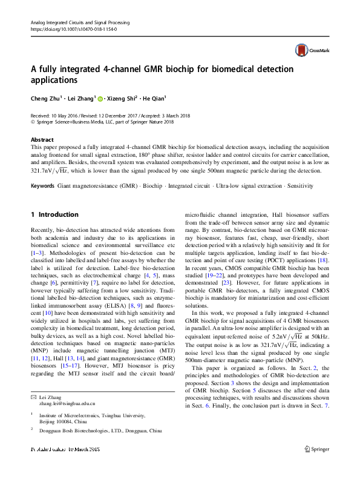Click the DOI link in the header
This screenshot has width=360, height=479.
[73, 28]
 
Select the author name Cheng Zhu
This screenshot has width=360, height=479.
[47, 97]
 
